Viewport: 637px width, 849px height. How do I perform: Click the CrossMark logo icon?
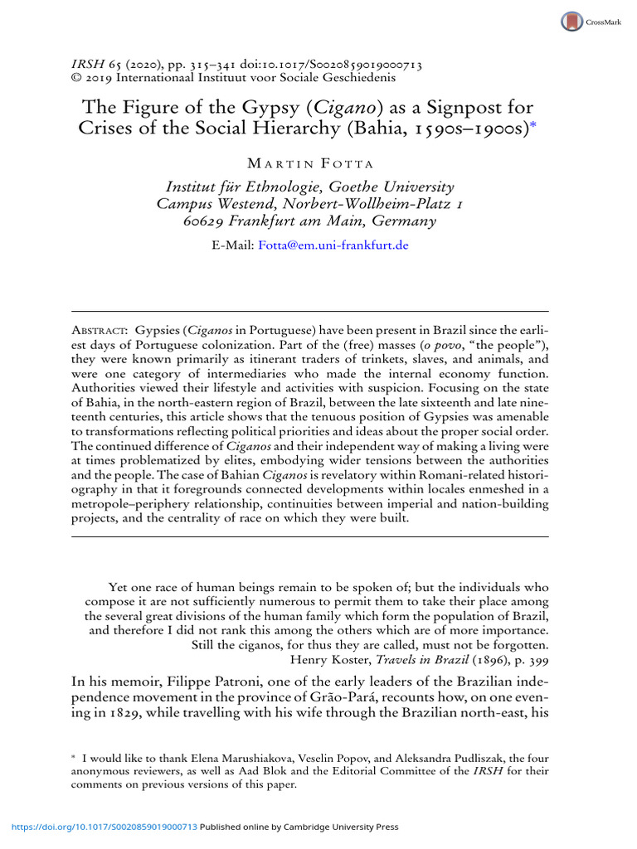pos(571,22)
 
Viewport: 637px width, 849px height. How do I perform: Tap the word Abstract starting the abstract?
pos(100,329)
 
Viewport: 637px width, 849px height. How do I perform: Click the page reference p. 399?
pos(528,660)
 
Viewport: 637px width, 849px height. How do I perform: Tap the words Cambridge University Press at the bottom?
pos(342,827)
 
